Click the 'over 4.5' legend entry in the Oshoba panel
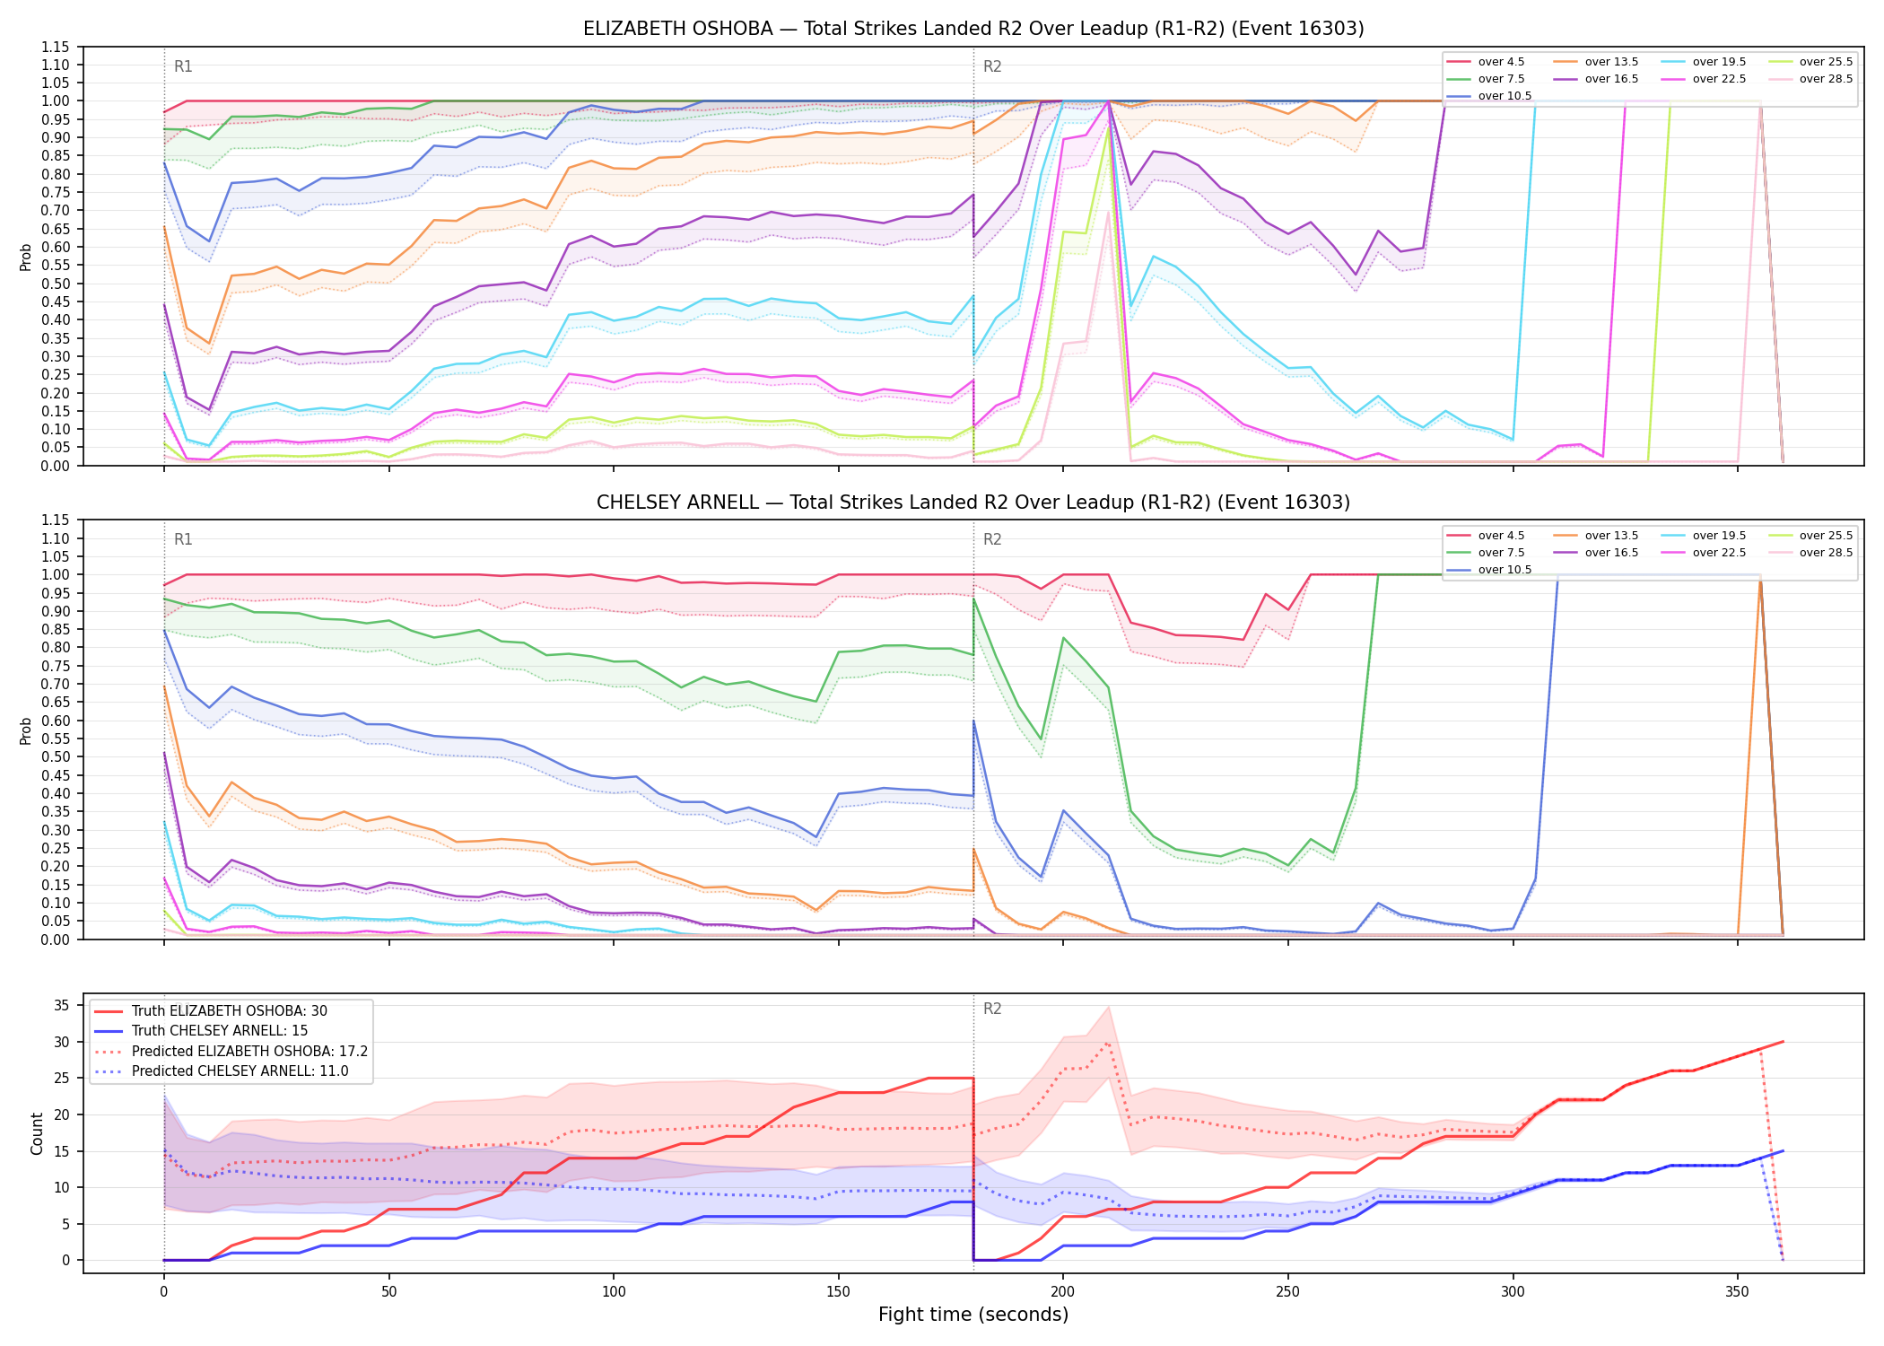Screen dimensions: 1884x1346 click(x=1486, y=62)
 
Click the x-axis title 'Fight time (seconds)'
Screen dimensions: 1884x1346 click(x=973, y=1315)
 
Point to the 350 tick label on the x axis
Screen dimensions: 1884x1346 click(x=1737, y=1291)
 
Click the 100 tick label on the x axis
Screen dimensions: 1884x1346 click(x=614, y=1291)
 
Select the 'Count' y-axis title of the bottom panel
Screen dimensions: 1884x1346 click(x=37, y=1133)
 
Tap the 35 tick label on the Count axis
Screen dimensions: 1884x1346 click(x=62, y=1005)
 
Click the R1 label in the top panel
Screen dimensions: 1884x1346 click(x=183, y=66)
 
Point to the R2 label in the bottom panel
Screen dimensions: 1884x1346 click(x=992, y=1009)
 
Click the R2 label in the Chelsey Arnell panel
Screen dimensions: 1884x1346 click(x=992, y=539)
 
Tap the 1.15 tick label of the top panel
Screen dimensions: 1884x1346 click(x=55, y=47)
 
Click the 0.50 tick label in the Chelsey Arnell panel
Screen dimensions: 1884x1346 click(x=55, y=756)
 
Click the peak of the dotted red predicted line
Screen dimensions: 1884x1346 click(x=1108, y=1043)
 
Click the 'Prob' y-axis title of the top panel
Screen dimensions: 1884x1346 click(x=26, y=257)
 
